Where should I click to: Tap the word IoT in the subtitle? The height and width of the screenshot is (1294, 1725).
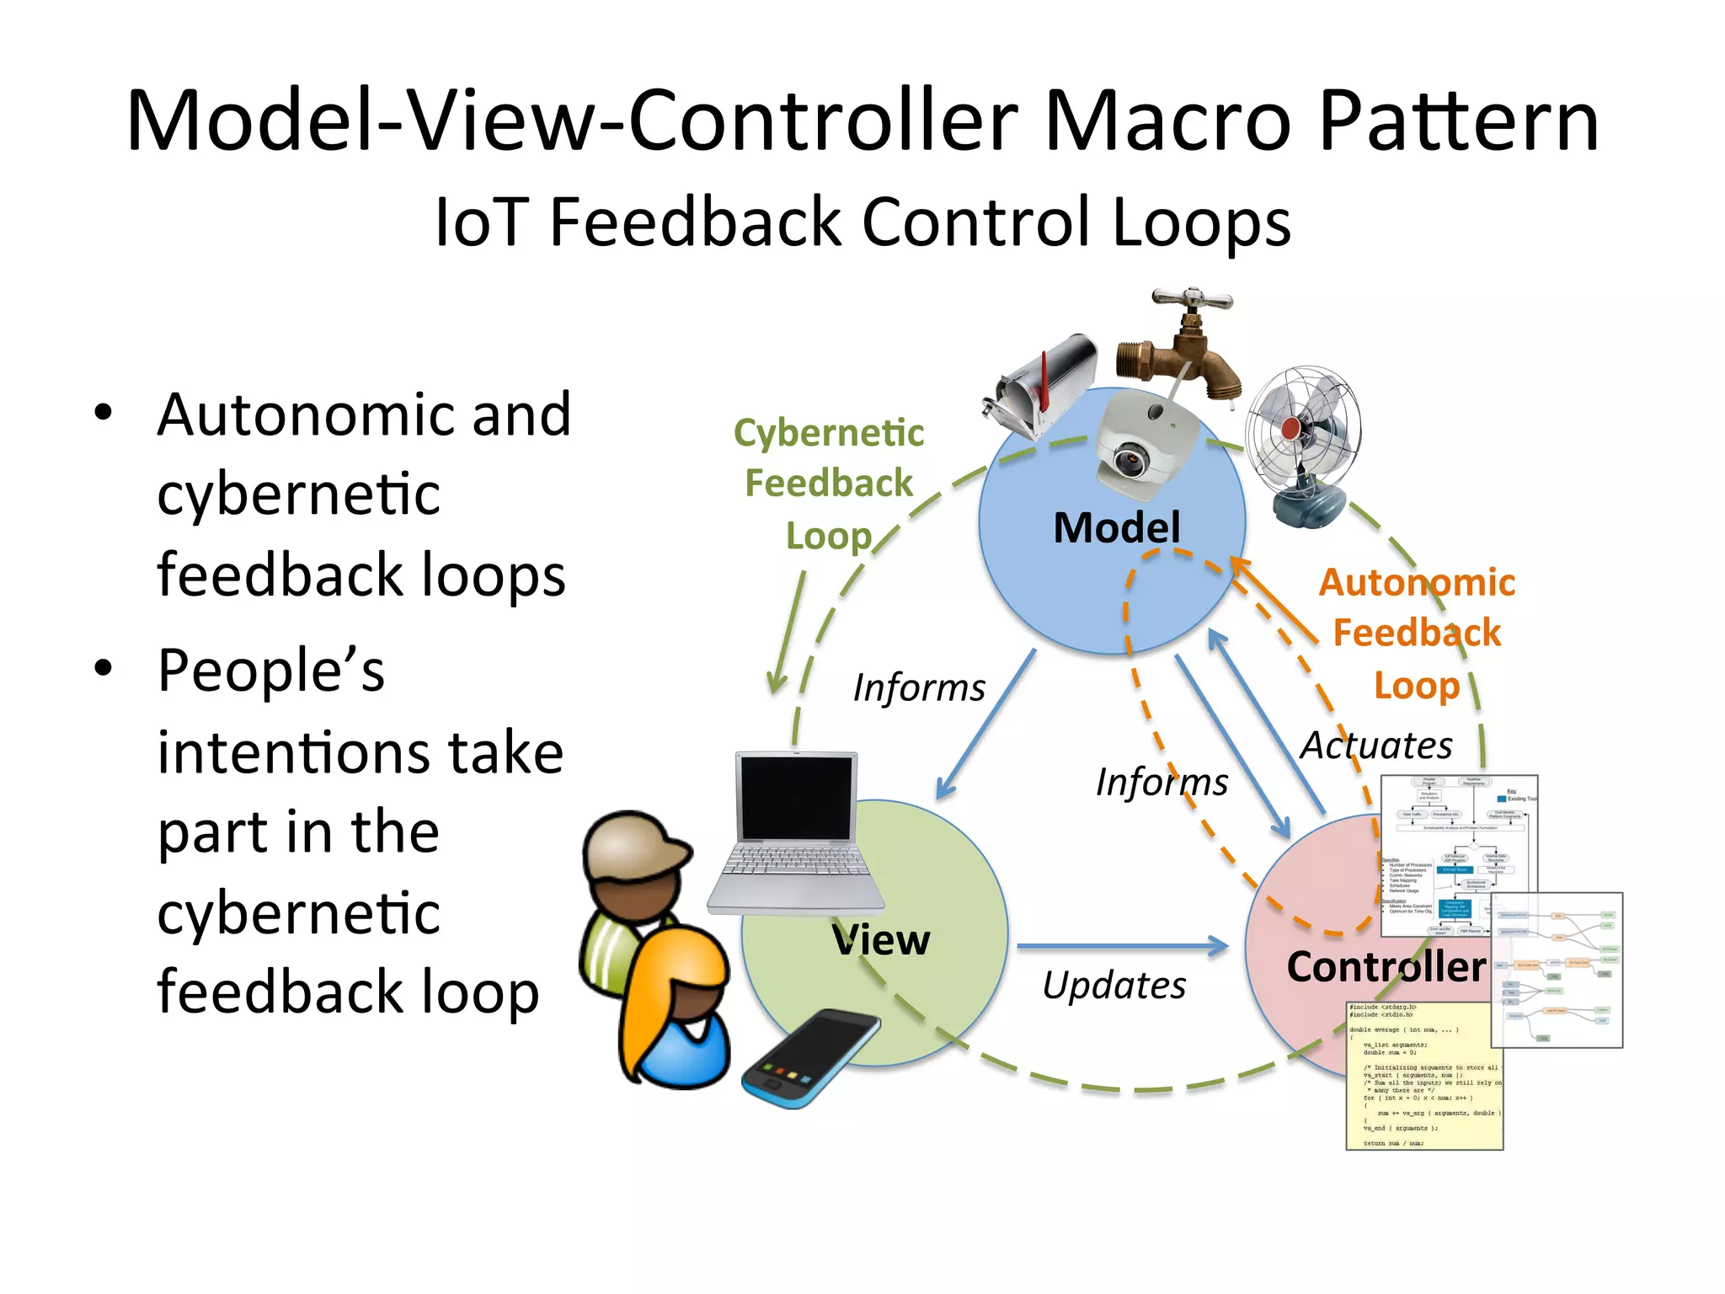(481, 222)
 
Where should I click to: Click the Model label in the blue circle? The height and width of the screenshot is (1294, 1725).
(1116, 528)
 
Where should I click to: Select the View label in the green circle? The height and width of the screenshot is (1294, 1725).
(881, 940)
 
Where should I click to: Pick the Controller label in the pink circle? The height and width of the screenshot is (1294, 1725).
(1386, 966)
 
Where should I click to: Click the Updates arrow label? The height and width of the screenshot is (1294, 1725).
(1114, 986)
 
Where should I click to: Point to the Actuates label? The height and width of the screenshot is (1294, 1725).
(1376, 746)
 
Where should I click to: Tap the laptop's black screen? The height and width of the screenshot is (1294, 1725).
(795, 797)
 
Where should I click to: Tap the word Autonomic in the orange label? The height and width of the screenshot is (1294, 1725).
(1416, 583)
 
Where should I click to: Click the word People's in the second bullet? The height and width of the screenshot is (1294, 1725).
(270, 671)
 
